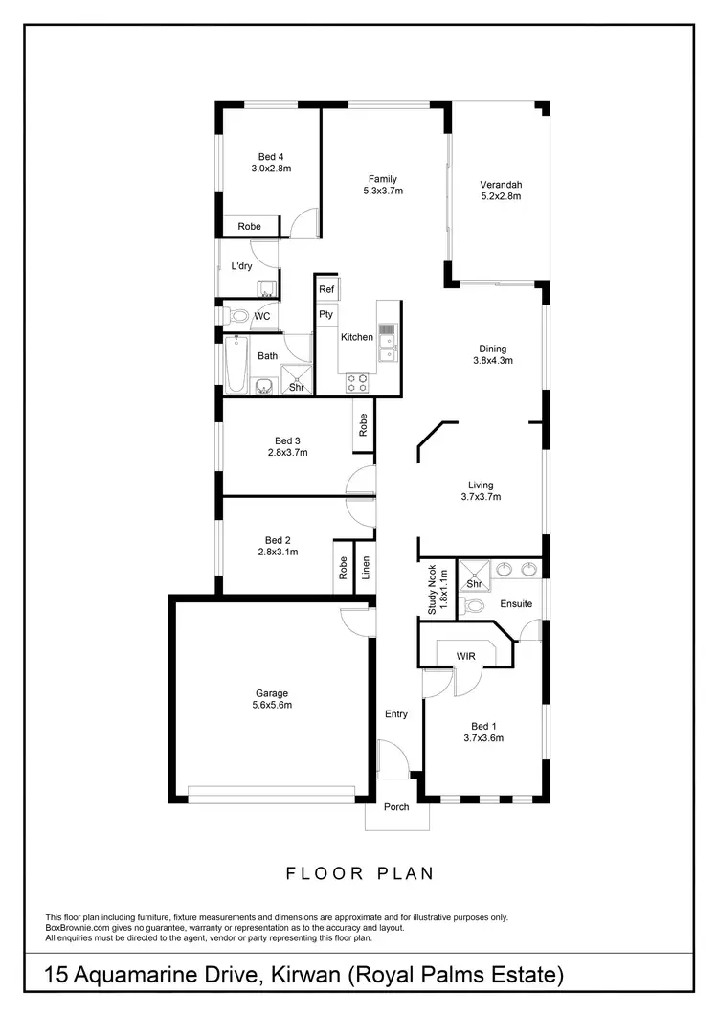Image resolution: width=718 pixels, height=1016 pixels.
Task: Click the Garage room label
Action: click(x=272, y=693)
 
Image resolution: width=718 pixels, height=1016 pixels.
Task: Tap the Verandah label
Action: click(x=501, y=185)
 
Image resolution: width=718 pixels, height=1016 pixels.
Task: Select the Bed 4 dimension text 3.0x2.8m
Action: click(x=271, y=169)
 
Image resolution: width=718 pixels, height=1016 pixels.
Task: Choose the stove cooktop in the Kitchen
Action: click(x=358, y=381)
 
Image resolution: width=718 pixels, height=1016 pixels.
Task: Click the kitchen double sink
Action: click(x=387, y=342)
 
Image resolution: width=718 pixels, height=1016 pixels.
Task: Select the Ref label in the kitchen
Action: click(x=326, y=289)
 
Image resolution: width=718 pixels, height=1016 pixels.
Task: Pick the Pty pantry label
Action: click(x=326, y=313)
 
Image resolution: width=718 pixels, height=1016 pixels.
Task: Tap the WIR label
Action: click(x=466, y=657)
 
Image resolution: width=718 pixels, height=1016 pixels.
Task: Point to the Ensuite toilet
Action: click(x=474, y=605)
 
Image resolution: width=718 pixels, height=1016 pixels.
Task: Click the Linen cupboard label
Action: click(x=366, y=570)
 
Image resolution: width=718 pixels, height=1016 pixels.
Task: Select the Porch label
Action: click(x=396, y=807)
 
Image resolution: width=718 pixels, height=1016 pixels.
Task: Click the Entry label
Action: click(x=396, y=714)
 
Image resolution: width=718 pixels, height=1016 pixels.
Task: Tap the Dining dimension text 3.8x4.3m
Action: click(x=493, y=361)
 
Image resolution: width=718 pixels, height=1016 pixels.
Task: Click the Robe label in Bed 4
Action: click(x=249, y=227)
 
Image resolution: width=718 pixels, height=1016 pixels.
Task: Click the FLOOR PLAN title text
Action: click(x=361, y=873)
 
